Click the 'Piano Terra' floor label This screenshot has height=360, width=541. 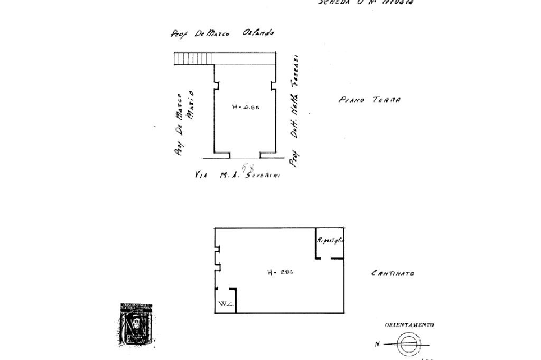click(369, 100)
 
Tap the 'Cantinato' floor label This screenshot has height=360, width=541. click(393, 273)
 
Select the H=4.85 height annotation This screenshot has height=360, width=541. click(246, 107)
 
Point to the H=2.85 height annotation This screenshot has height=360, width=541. click(280, 272)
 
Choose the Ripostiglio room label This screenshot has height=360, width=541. click(330, 240)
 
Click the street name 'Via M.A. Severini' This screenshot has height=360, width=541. click(237, 175)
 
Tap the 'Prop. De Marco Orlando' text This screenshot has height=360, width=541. click(222, 33)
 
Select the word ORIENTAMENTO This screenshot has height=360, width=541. click(409, 325)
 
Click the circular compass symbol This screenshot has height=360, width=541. click(407, 344)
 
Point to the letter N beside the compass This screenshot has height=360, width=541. click(378, 344)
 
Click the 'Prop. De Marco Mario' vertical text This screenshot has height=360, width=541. click(182, 123)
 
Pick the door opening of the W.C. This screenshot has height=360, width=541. click(226, 288)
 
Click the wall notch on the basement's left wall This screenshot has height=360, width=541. click(217, 257)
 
